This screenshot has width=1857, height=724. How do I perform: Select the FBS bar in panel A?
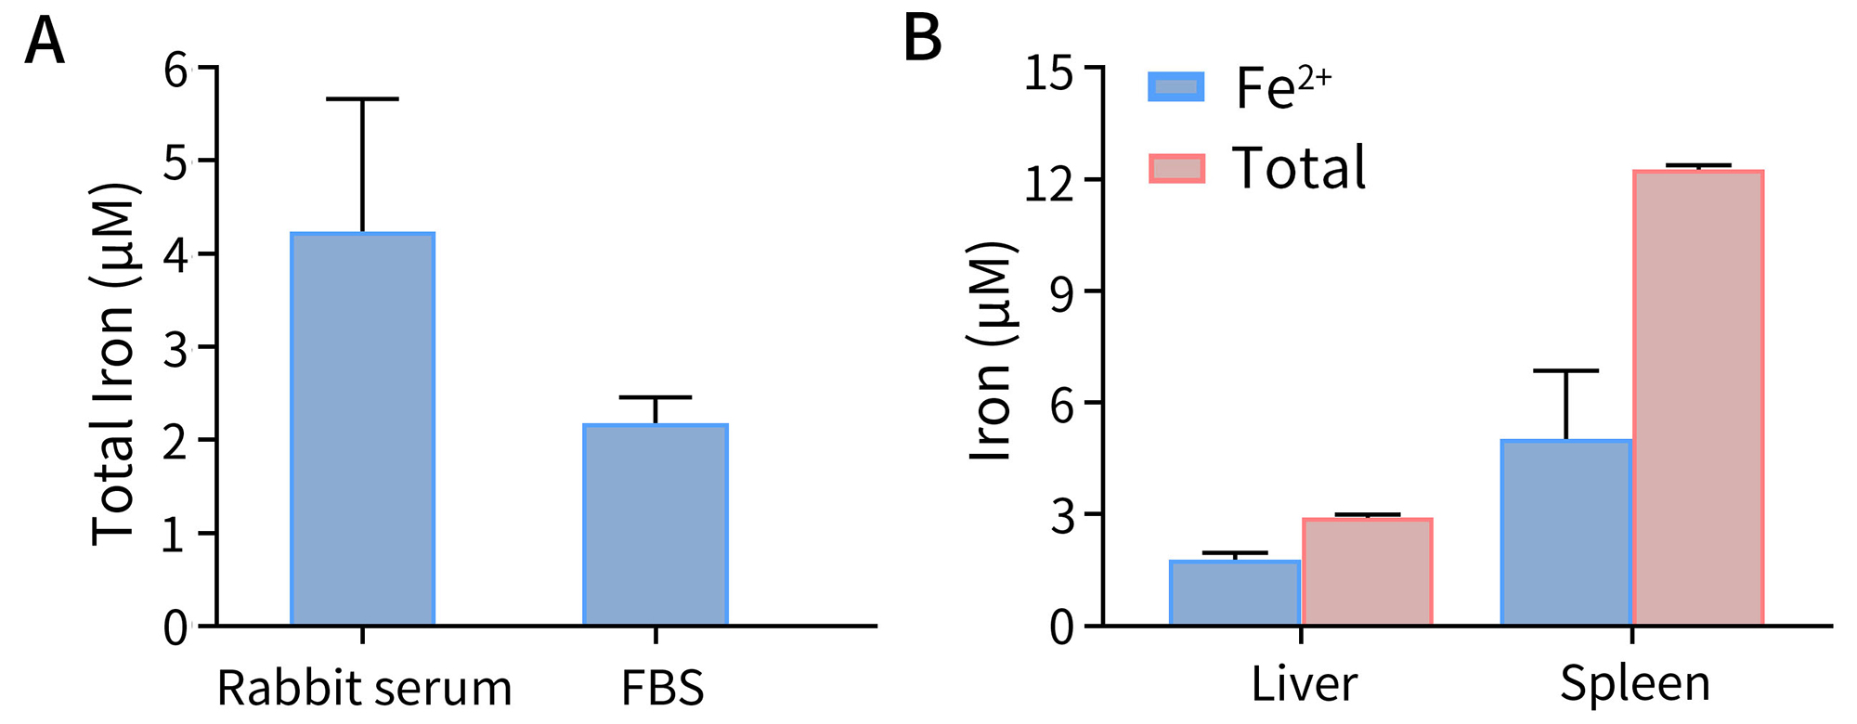(655, 524)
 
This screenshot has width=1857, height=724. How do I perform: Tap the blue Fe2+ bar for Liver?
(1235, 593)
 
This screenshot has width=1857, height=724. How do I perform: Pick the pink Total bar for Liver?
(1367, 572)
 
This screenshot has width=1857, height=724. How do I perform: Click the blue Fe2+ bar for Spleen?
(1565, 533)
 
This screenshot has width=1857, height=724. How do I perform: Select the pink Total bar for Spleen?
(1697, 398)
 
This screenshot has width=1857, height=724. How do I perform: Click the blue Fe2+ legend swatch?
(1176, 87)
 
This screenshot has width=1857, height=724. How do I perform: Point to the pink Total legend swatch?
(1176, 168)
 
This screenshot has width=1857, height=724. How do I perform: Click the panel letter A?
(44, 42)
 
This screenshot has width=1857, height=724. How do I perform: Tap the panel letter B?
(922, 40)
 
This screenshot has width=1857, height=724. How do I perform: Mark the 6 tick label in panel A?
(175, 70)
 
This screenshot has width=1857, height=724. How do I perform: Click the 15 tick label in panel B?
(1049, 71)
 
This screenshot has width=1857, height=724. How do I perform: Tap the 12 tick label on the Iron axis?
(1049, 183)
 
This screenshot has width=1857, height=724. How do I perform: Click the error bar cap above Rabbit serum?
(362, 98)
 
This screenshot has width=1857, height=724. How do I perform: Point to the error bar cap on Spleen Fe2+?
(1565, 370)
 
